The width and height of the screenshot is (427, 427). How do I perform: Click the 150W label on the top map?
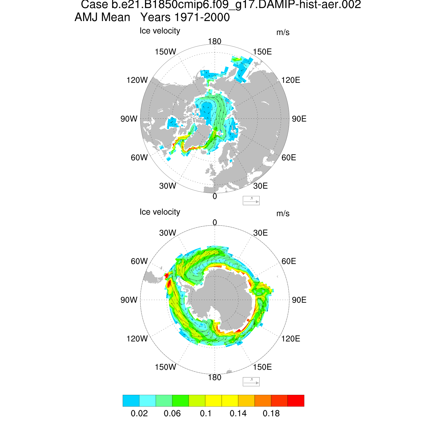tap(165, 52)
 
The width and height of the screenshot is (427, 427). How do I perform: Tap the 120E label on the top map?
tap(291, 80)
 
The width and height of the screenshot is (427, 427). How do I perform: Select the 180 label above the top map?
tap(214, 42)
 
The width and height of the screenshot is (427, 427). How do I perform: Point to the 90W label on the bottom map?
tap(129, 300)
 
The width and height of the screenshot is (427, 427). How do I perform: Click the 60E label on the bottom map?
tap(289, 261)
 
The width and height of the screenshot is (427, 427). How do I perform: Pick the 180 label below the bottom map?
tap(214, 377)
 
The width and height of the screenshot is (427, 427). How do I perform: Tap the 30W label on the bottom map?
tap(168, 233)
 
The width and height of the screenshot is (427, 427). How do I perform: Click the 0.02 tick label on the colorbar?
tap(139, 413)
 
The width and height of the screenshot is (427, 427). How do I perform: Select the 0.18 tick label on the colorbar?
tap(271, 413)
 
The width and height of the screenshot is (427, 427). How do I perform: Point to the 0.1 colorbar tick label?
tap(206, 413)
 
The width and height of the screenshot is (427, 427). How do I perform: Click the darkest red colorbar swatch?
tap(296, 401)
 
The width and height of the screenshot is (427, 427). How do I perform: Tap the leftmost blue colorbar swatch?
tap(131, 401)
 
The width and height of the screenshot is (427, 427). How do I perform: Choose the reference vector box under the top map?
tap(251, 200)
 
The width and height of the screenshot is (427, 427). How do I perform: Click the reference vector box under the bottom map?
tap(251, 381)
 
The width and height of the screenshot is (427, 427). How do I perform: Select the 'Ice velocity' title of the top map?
tap(160, 31)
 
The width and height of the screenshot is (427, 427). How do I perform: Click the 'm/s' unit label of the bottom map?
tap(283, 213)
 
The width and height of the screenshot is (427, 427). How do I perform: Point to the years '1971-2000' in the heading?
tap(202, 17)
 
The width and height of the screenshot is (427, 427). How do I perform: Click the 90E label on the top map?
tap(299, 119)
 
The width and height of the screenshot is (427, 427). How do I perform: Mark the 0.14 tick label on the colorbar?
tap(238, 413)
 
